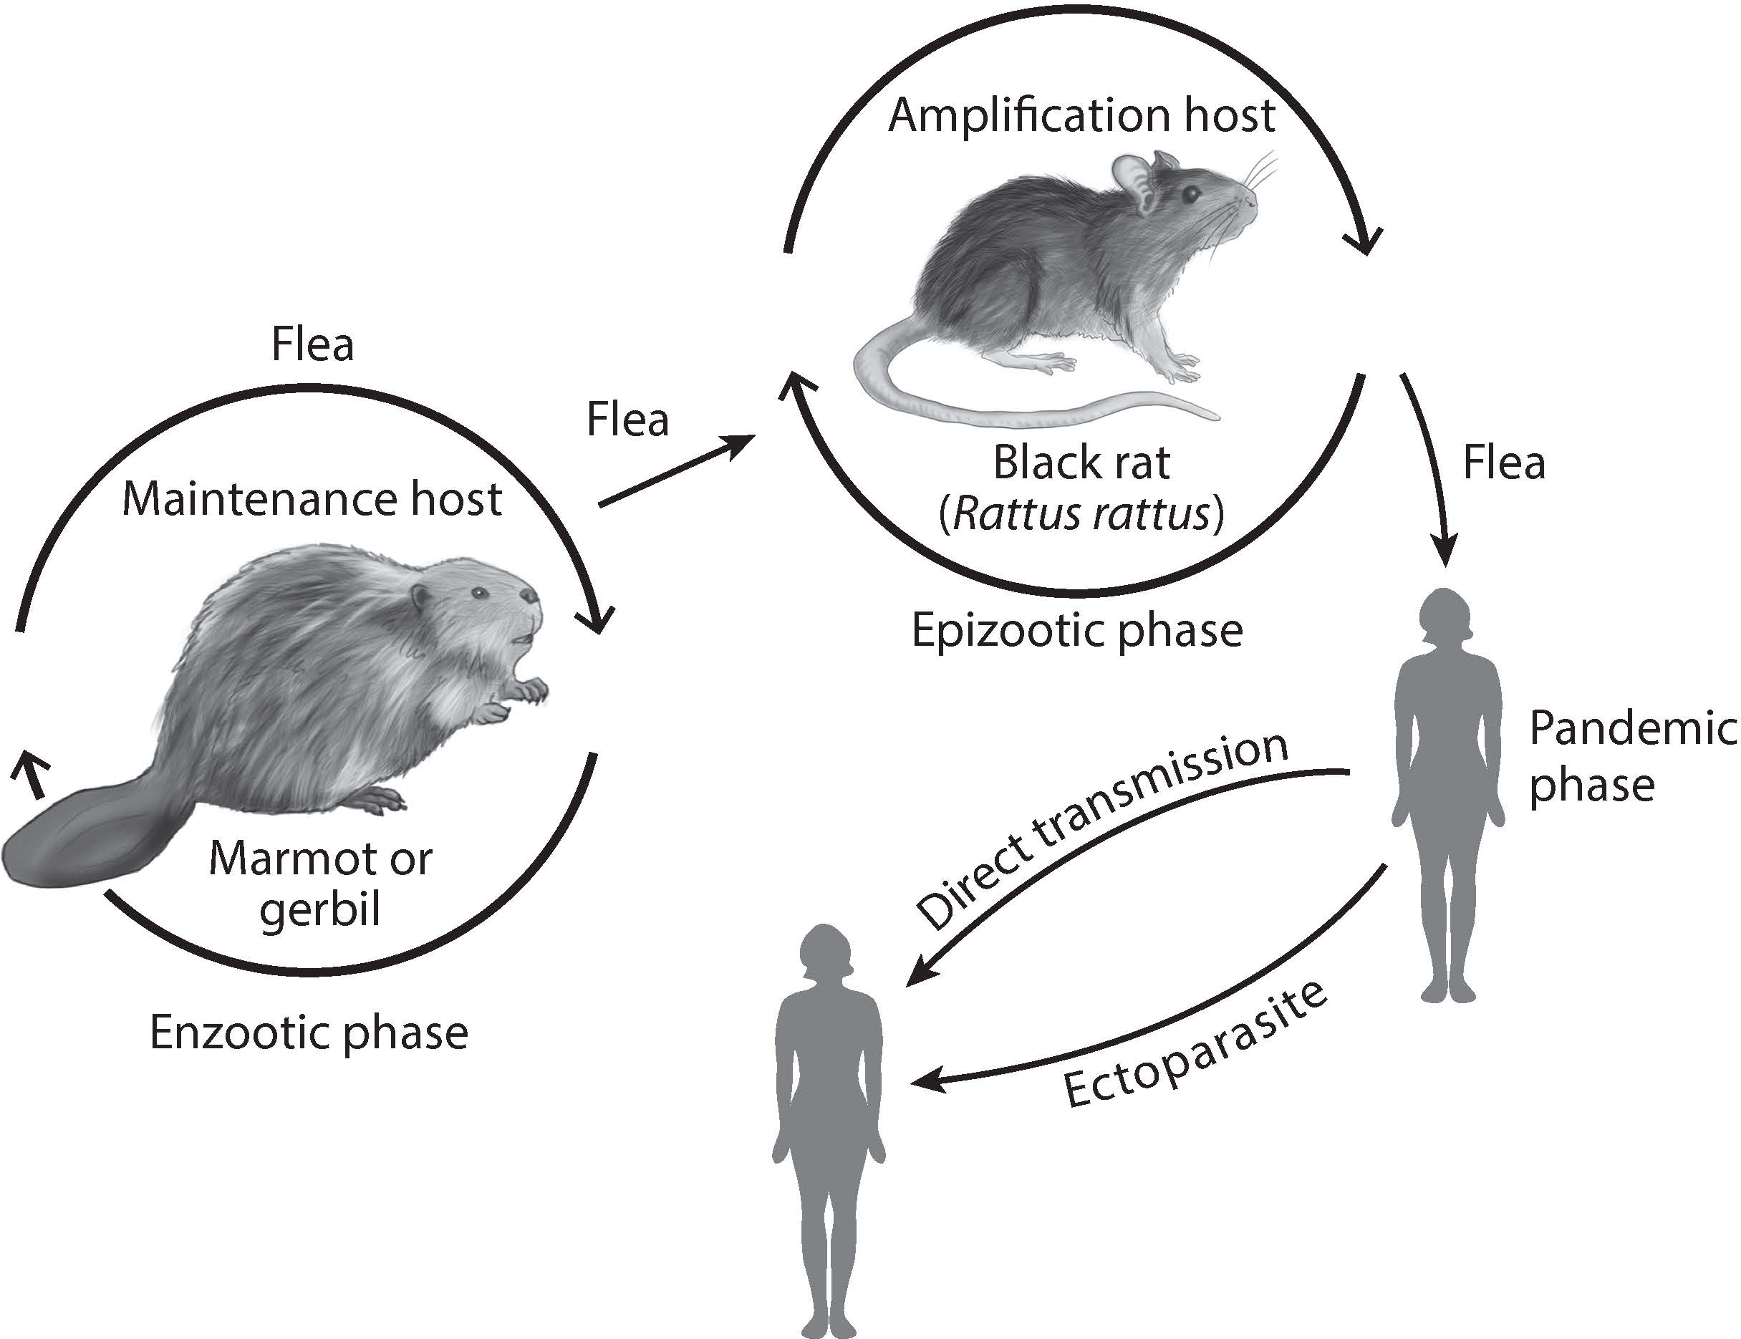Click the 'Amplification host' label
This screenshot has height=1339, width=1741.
tap(1081, 115)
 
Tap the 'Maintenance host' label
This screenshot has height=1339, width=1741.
tap(312, 500)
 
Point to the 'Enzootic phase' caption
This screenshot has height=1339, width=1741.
tap(309, 1033)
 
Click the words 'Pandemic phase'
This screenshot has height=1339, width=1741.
tap(1630, 756)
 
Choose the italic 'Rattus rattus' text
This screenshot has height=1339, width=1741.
tap(1081, 514)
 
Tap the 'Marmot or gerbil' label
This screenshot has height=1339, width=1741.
tap(320, 883)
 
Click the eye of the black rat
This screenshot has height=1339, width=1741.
tap(1191, 193)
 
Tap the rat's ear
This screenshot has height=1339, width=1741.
tap(1133, 179)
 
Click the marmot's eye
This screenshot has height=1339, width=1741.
tap(478, 593)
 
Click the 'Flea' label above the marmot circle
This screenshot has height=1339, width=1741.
tap(312, 344)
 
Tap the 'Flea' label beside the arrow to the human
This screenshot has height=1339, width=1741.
tap(1503, 463)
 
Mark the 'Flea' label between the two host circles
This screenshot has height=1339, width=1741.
tap(627, 420)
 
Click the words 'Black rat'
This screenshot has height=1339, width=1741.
tap(1081, 463)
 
